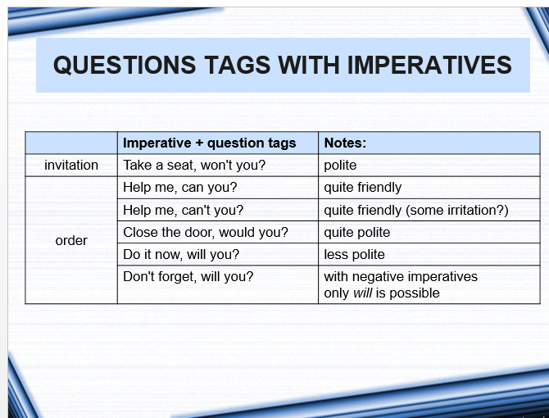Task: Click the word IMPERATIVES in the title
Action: (x=429, y=65)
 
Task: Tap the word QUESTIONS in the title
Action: (x=125, y=65)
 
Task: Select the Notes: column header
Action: (x=345, y=143)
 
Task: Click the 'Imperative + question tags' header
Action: (x=210, y=143)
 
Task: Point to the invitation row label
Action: (x=71, y=166)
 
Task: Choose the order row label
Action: (x=71, y=240)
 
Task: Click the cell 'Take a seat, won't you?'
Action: (x=194, y=165)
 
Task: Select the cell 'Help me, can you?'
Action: (x=180, y=188)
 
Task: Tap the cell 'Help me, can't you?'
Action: (x=183, y=210)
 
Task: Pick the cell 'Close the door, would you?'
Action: (x=206, y=232)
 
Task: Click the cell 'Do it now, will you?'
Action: (x=181, y=255)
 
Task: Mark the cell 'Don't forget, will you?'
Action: (x=188, y=276)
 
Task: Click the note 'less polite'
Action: (x=354, y=255)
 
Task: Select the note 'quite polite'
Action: (x=357, y=233)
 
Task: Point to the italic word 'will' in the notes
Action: (x=362, y=293)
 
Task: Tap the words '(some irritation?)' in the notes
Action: (x=457, y=210)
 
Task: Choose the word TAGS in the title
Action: (x=238, y=65)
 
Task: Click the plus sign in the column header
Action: (x=199, y=143)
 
